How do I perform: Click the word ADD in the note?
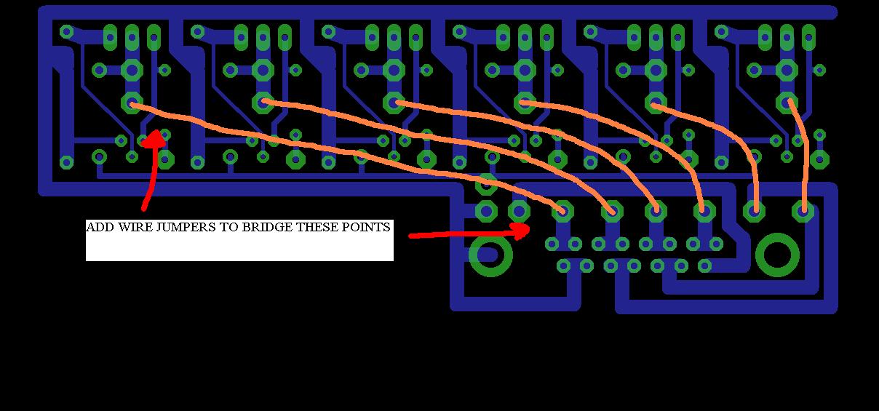(98, 227)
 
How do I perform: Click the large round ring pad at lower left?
(490, 255)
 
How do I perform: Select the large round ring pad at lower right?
(778, 255)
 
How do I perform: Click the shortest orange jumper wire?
(799, 153)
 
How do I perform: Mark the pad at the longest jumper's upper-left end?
(132, 103)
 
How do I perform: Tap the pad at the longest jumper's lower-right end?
(561, 211)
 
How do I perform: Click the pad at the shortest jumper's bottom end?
(803, 211)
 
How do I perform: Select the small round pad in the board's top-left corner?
(67, 32)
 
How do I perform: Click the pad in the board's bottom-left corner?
(67, 161)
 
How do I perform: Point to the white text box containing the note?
(239, 241)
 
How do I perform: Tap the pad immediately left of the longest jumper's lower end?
(519, 211)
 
